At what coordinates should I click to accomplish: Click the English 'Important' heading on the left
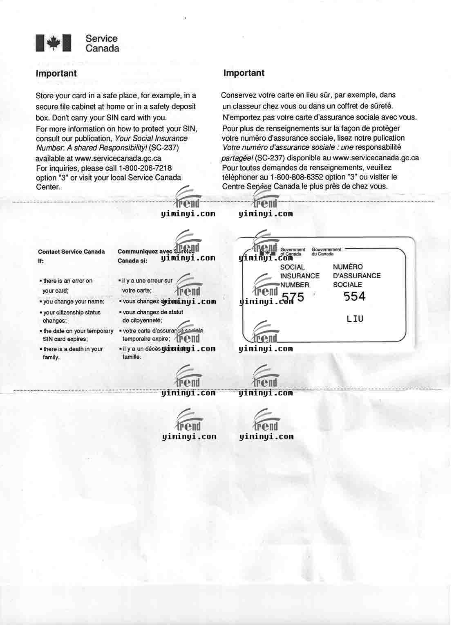coord(56,74)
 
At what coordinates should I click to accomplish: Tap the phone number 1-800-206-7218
coord(145,168)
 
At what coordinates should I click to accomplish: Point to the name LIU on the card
coord(355,319)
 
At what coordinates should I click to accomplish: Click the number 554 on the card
coord(354,296)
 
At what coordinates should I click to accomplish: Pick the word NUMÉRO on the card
coord(348,267)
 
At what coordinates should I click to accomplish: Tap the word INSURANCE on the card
coord(300,276)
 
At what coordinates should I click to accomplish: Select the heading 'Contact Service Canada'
coord(71,252)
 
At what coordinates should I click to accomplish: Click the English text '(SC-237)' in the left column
coord(164,148)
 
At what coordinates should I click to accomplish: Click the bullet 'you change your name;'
coord(74,301)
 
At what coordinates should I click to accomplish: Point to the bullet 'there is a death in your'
coord(73,349)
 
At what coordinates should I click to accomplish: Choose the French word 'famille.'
coord(132,357)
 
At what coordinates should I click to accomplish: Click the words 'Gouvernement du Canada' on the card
coord(326,252)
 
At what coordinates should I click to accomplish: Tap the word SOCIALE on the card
coord(347,285)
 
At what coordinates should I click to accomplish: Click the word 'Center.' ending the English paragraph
coord(48,187)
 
